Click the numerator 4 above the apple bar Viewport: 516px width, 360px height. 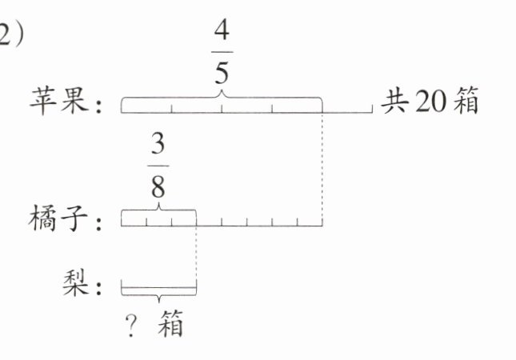click(x=222, y=34)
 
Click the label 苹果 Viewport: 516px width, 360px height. click(x=57, y=103)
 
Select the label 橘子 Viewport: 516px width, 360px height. click(x=57, y=218)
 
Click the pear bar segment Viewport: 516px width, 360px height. click(x=158, y=283)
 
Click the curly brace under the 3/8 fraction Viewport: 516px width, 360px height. click(x=158, y=210)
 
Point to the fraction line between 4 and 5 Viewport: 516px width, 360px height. click(x=222, y=53)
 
